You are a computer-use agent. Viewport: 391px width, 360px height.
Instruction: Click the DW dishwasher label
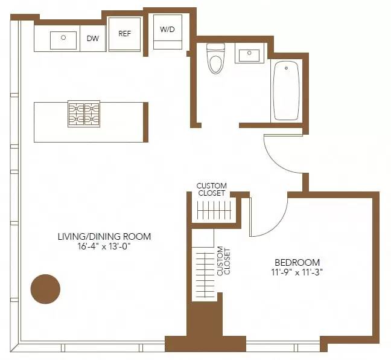pos(93,39)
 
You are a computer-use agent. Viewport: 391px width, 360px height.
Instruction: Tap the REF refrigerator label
pos(125,34)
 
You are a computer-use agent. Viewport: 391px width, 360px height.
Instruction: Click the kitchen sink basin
pos(63,40)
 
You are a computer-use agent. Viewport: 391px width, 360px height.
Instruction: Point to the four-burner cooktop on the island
pos(83,114)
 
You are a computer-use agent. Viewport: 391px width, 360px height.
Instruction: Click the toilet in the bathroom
pos(215,59)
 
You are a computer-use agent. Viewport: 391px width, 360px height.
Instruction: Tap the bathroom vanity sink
pos(249,56)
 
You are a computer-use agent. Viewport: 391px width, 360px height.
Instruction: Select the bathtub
pos(286,91)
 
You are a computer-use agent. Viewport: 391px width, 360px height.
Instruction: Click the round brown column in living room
pos(45,289)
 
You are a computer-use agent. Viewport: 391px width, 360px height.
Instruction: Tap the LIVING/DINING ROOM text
pos(104,236)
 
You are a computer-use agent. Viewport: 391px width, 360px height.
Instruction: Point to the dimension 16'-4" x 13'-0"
pos(104,247)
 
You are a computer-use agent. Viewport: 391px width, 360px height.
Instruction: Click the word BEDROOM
pos(297,262)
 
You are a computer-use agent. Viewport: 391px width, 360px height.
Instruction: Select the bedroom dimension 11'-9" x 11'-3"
pos(297,273)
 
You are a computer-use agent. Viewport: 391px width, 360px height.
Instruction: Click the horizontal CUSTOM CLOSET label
pos(212,190)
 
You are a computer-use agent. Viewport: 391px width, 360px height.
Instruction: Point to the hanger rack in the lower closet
pos(204,272)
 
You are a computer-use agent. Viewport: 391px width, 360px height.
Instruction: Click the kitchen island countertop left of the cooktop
pos(51,122)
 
